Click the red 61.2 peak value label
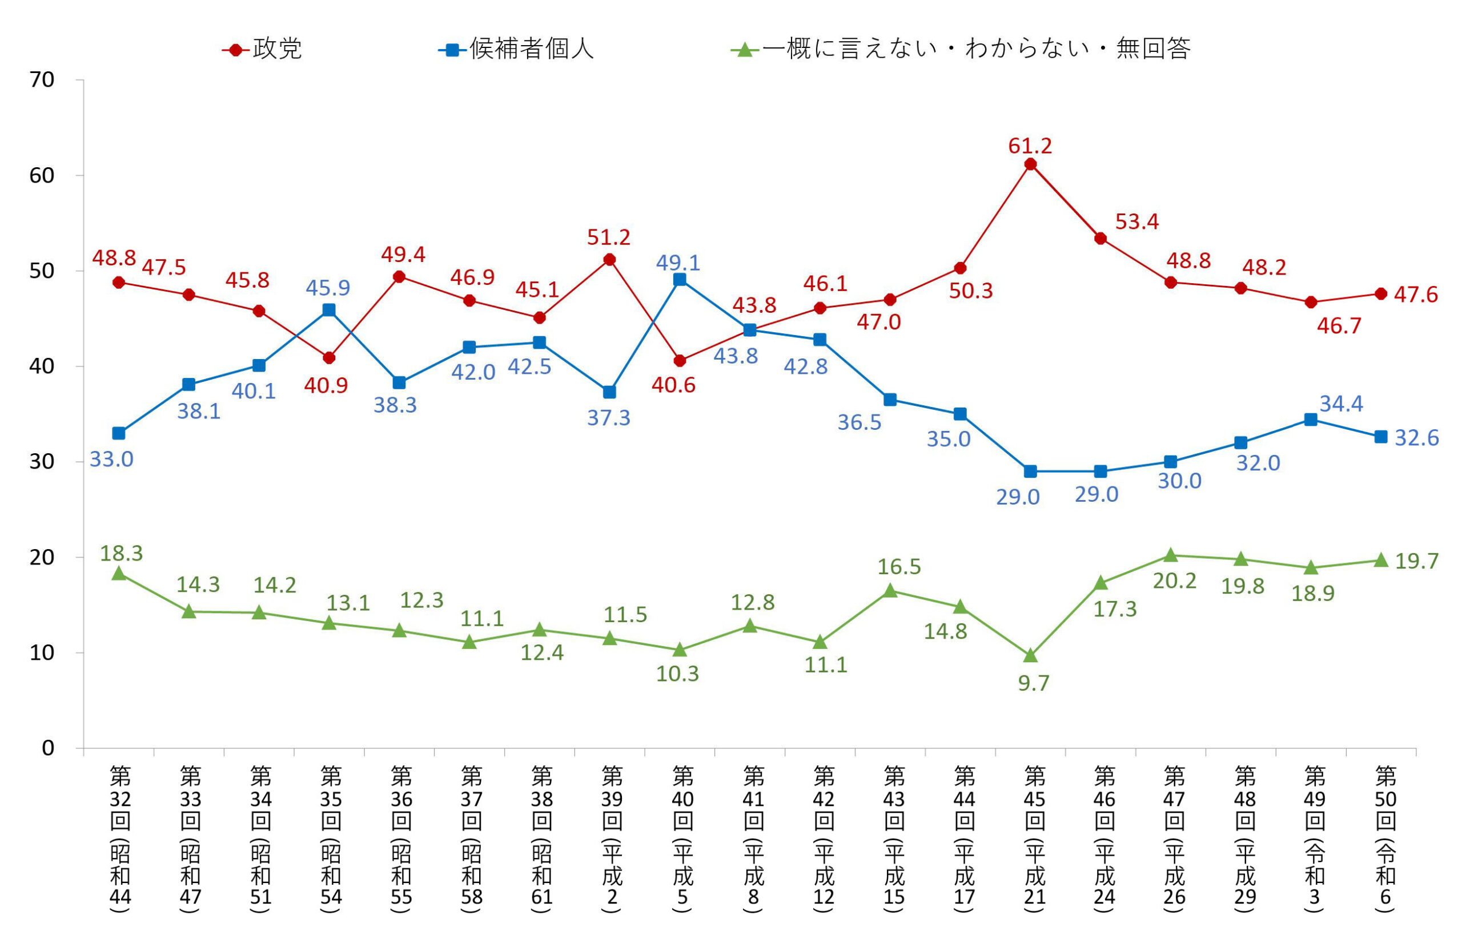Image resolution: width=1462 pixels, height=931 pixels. [1030, 146]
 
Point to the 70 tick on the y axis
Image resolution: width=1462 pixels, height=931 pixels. [42, 79]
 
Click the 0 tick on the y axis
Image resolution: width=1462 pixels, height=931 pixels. [48, 748]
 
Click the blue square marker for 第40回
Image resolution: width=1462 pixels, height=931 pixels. [680, 279]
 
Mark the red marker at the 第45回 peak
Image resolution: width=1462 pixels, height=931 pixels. [1030, 164]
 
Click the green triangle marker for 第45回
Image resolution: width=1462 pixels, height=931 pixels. [1030, 655]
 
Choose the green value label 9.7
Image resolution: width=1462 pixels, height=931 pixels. [1033, 683]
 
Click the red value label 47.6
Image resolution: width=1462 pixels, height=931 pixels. [1416, 295]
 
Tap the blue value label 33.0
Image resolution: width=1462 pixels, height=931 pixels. [111, 460]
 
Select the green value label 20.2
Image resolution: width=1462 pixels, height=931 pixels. [1174, 581]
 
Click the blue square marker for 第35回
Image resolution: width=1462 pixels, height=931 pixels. [329, 310]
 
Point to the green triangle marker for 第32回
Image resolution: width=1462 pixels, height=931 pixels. [119, 574]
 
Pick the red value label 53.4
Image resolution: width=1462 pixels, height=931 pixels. [1136, 222]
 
